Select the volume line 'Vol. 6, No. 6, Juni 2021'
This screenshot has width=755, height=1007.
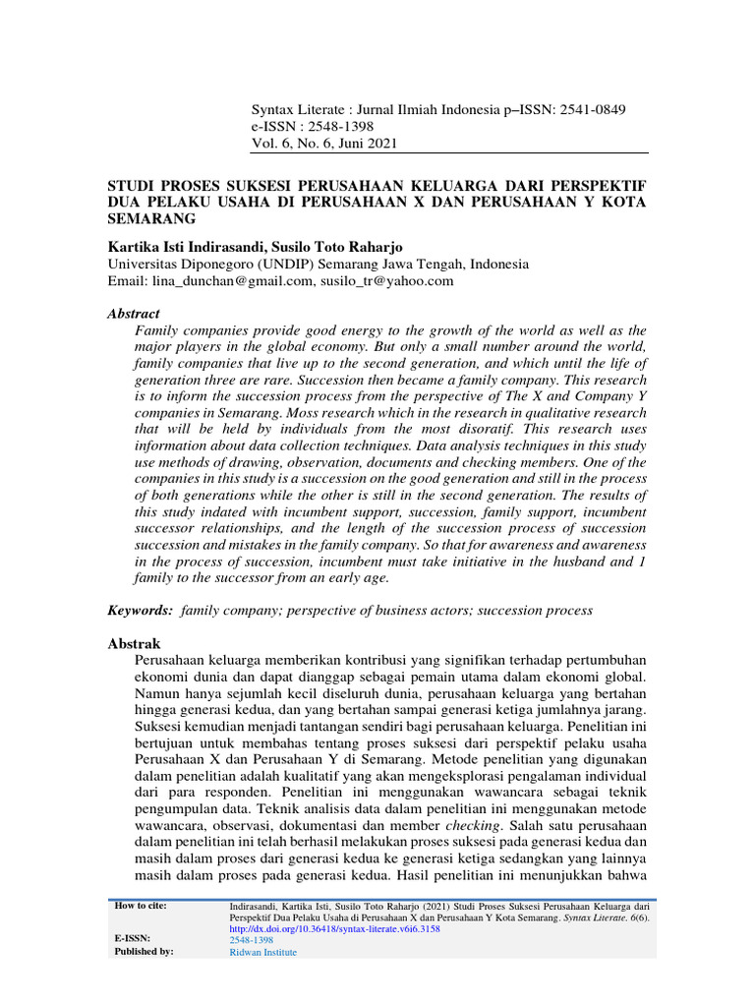[x=325, y=143]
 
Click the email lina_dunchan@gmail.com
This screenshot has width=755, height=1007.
[x=232, y=281]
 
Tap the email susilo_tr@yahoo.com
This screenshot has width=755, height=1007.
[x=386, y=281]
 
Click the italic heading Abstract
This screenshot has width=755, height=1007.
[x=133, y=314]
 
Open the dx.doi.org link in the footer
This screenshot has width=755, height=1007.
[x=333, y=927]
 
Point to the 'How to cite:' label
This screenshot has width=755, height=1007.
[x=143, y=904]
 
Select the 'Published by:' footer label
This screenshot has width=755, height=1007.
[x=144, y=952]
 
